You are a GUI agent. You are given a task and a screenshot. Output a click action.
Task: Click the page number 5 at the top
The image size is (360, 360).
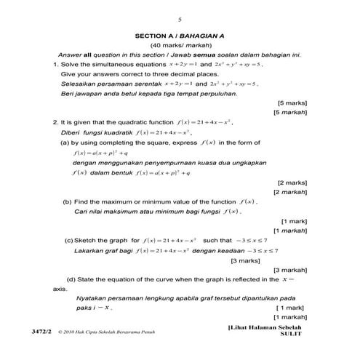(x=180, y=19)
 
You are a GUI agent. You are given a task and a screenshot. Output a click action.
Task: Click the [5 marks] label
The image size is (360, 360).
(x=293, y=103)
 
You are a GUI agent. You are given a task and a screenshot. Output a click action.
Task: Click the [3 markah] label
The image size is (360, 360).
(x=291, y=270)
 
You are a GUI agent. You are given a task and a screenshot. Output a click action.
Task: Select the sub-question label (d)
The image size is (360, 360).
(x=71, y=279)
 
